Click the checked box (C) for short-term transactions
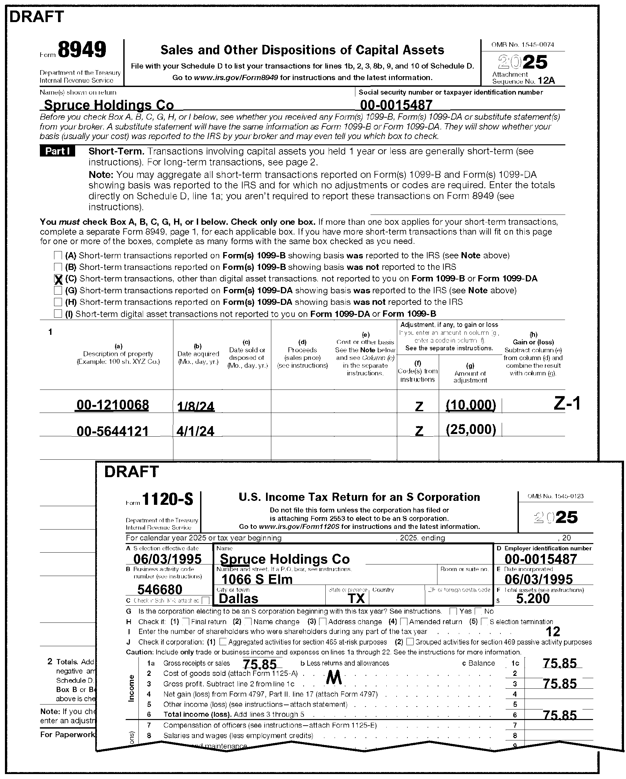pos(58,279)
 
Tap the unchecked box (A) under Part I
pos(58,255)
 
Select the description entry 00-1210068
pos(112,405)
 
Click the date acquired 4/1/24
pos(195,431)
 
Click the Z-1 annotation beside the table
pos(567,403)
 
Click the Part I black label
pos(57,151)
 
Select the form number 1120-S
pos(168,500)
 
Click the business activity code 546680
pos(160,590)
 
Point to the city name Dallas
pos(239,599)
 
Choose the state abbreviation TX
pos(356,599)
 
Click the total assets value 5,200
pos(533,599)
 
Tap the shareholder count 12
pos(552,632)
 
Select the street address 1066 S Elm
pos(256,580)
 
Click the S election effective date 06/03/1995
pos(167,559)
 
